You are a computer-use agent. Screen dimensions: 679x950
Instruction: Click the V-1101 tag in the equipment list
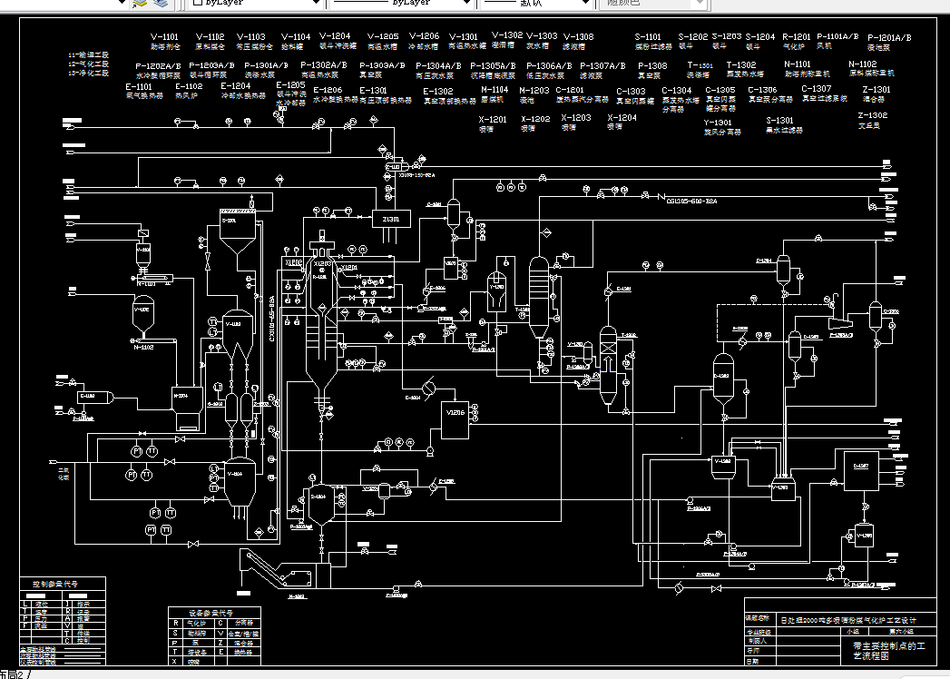point(165,37)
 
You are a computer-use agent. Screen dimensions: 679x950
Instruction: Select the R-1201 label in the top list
point(796,37)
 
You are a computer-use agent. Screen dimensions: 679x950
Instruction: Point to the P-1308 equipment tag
point(651,66)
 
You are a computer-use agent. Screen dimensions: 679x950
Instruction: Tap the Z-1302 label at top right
point(872,116)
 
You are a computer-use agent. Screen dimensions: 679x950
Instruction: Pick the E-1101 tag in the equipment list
point(139,86)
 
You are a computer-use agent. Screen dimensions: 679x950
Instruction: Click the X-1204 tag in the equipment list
point(622,118)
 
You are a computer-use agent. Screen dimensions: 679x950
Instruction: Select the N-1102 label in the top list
point(862,64)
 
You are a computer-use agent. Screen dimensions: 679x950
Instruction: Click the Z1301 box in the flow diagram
point(392,218)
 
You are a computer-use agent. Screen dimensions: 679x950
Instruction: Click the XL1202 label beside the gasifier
point(294,262)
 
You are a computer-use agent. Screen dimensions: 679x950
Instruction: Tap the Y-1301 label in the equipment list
point(718,123)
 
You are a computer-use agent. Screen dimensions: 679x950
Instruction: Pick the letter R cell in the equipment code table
point(175,623)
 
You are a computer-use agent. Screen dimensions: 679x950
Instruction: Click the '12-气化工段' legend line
point(89,64)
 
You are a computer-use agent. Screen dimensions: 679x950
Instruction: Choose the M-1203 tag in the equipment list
point(534,91)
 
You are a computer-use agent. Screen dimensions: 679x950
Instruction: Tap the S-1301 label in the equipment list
point(779,121)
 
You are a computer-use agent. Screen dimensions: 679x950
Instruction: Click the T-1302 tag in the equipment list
point(740,65)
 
